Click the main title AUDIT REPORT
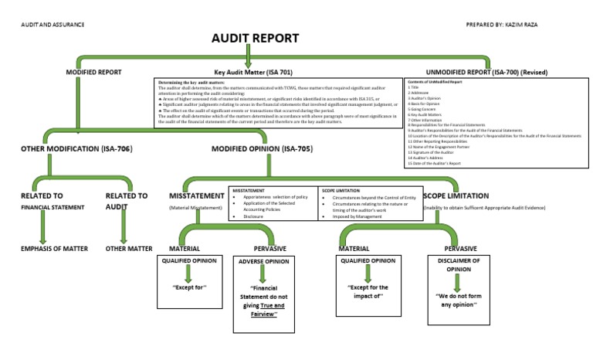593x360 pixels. click(x=255, y=39)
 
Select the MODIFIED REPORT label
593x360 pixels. click(x=94, y=72)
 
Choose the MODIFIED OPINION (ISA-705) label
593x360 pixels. click(x=262, y=148)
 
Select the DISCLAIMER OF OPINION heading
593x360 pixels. click(x=460, y=266)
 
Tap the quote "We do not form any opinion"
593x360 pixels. click(x=460, y=301)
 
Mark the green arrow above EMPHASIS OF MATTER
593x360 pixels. click(x=42, y=227)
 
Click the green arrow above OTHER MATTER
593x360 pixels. click(x=121, y=227)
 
